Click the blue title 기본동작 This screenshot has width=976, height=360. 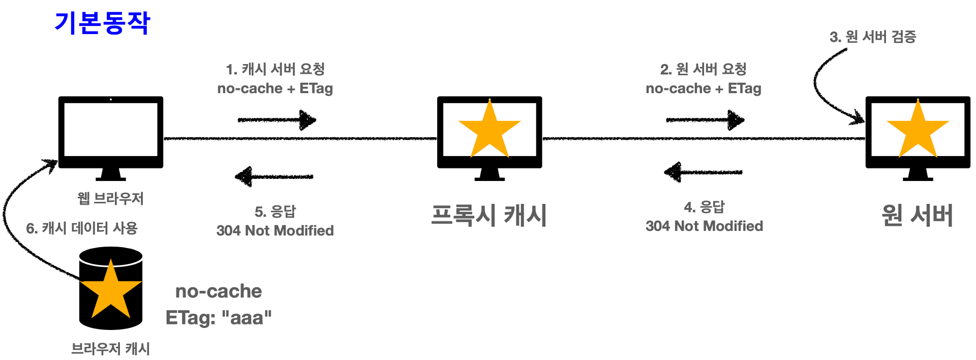pyautogui.click(x=102, y=23)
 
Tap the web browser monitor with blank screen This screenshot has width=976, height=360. pyautogui.click(x=111, y=130)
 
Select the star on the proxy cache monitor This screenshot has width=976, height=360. pyautogui.click(x=490, y=129)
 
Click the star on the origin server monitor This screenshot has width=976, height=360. pyautogui.click(x=918, y=129)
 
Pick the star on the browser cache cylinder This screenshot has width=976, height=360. pyautogui.click(x=110, y=289)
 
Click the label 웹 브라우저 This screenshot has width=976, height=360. pyautogui.click(x=110, y=198)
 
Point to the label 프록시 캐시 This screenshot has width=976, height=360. pyautogui.click(x=489, y=215)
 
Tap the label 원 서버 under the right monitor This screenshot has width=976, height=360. pyautogui.click(x=917, y=215)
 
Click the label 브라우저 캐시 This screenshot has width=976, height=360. pyautogui.click(x=110, y=349)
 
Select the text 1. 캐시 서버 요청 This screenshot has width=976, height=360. pyautogui.click(x=275, y=69)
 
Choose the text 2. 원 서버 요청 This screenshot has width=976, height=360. pyautogui.click(x=704, y=69)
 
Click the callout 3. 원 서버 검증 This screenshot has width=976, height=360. pyautogui.click(x=873, y=37)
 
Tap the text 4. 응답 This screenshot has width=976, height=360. pyautogui.click(x=704, y=207)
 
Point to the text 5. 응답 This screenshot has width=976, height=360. pyautogui.click(x=275, y=212)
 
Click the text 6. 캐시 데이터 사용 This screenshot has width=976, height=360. pyautogui.click(x=82, y=228)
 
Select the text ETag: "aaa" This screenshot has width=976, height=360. pyautogui.click(x=219, y=318)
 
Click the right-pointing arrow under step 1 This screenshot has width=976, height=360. pyautogui.click(x=277, y=120)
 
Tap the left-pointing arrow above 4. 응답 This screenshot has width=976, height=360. pyautogui.click(x=703, y=172)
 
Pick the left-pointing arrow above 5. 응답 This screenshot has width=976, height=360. pyautogui.click(x=274, y=177)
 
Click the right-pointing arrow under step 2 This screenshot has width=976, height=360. pyautogui.click(x=706, y=120)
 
